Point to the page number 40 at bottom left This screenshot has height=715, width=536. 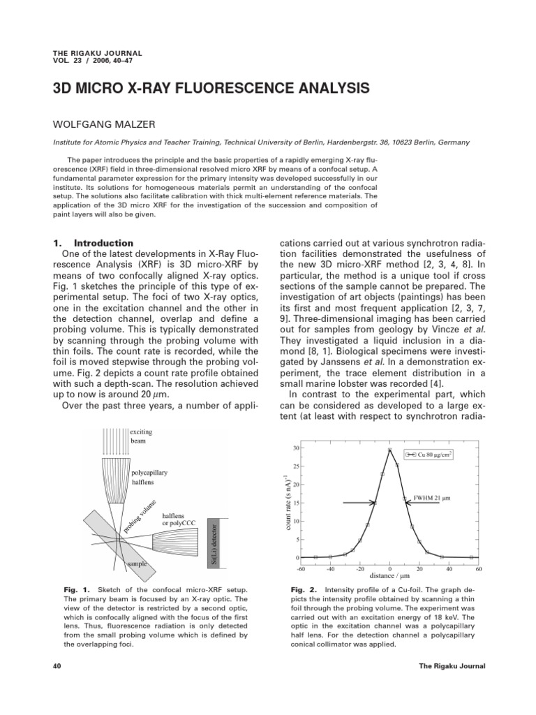pyautogui.click(x=57, y=666)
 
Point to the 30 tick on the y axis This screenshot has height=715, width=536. pyautogui.click(x=296, y=448)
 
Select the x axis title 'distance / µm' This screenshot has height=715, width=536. pyautogui.click(x=389, y=576)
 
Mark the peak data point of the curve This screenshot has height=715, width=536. pyautogui.click(x=390, y=450)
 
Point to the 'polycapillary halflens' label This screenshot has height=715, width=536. pyautogui.click(x=149, y=478)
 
